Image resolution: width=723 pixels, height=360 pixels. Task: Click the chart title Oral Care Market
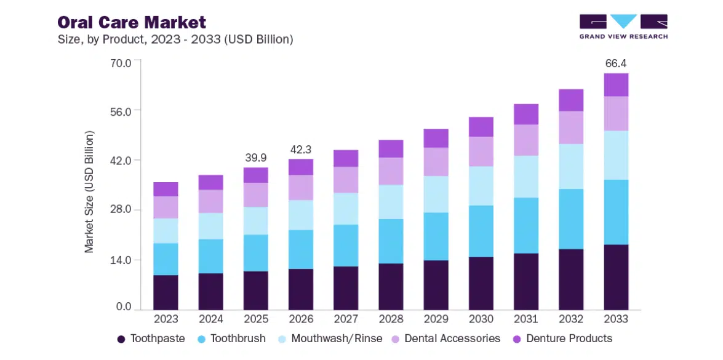132,23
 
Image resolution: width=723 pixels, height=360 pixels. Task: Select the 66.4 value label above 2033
616,63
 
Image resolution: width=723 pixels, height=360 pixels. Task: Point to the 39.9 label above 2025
256,158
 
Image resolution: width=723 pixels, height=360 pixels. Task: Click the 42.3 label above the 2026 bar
301,149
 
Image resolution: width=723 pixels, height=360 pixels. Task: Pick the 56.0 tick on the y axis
120,111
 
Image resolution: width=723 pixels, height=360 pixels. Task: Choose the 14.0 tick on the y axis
120,260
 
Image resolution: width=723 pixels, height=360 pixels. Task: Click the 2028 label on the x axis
391,319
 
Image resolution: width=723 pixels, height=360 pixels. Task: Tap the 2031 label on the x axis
526,319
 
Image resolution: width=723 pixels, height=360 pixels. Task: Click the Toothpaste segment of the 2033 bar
616,277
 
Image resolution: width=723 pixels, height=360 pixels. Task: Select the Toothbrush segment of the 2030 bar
481,231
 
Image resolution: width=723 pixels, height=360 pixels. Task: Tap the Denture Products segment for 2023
166,189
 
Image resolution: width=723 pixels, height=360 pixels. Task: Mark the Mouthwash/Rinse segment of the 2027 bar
346,209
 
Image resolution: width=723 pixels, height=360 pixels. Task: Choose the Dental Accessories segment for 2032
571,127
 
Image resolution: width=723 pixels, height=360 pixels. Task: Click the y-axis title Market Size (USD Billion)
90,191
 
